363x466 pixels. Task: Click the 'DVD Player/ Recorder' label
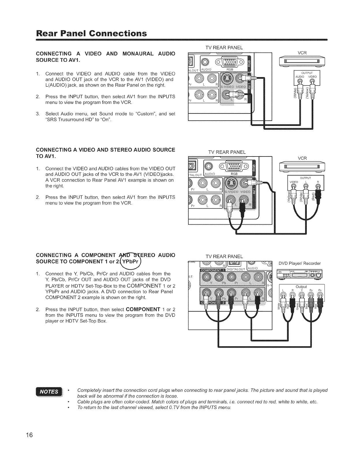(300, 263)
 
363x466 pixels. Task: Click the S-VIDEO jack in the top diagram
(227, 78)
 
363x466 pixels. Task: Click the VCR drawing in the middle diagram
(302, 167)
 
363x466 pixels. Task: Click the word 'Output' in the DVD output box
(302, 287)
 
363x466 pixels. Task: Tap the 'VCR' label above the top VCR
(302, 53)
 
